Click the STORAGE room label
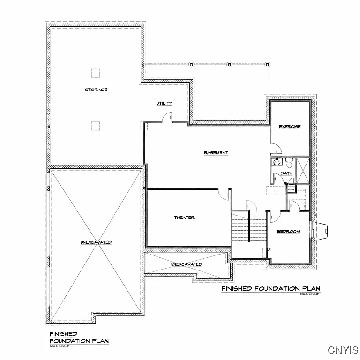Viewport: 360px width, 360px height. pyautogui.click(x=96, y=90)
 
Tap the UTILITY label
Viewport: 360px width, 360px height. pyautogui.click(x=164, y=103)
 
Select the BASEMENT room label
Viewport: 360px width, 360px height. pyautogui.click(x=216, y=153)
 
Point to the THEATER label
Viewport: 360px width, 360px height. pyautogui.click(x=184, y=217)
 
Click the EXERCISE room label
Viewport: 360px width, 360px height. pyautogui.click(x=290, y=127)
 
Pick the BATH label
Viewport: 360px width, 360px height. pyautogui.click(x=286, y=173)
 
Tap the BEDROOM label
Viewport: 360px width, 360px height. pyautogui.click(x=288, y=232)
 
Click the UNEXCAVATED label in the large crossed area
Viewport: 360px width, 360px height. pyautogui.click(x=96, y=242)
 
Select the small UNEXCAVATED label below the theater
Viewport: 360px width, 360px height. pyautogui.click(x=186, y=264)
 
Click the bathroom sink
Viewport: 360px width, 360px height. pyautogui.click(x=277, y=163)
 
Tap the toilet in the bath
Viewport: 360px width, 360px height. pyautogui.click(x=289, y=164)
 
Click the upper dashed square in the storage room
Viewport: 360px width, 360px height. pyautogui.click(x=95, y=73)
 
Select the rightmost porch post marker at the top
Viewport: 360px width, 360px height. pyautogui.click(x=267, y=64)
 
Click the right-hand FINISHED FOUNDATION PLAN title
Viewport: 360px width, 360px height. pyautogui.click(x=270, y=288)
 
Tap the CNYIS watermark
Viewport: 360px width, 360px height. pyautogui.click(x=343, y=350)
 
